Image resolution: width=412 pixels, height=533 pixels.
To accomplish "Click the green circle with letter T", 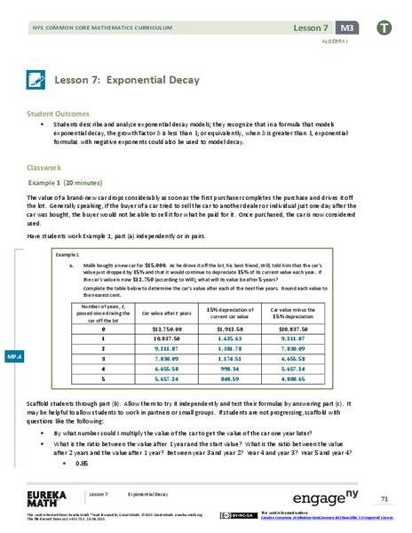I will (x=383, y=28).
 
